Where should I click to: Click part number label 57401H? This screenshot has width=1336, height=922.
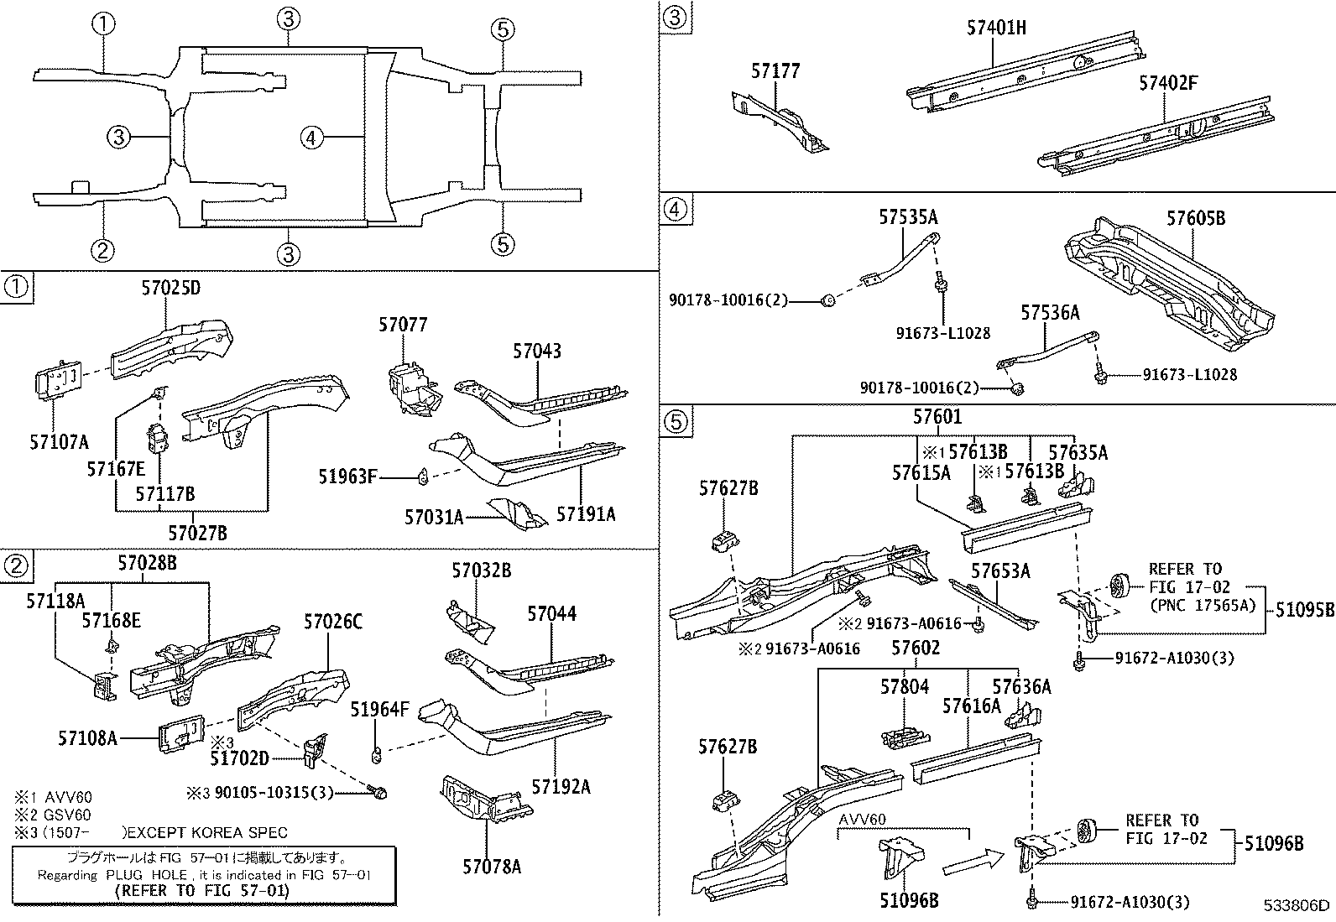click(996, 28)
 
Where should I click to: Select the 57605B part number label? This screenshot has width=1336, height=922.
click(1196, 218)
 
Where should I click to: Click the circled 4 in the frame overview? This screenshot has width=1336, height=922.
click(311, 137)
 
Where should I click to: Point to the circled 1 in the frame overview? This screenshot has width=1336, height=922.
click(102, 23)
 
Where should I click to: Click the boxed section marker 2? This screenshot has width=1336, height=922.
click(16, 566)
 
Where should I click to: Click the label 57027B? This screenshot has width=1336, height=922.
click(197, 533)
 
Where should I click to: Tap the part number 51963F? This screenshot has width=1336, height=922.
click(347, 477)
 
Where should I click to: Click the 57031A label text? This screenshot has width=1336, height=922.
click(434, 517)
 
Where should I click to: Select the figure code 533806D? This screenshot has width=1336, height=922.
click(1297, 905)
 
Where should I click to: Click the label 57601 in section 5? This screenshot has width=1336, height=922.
click(937, 416)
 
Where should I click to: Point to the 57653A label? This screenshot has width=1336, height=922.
click(1000, 571)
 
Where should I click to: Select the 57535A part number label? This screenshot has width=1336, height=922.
click(908, 218)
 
